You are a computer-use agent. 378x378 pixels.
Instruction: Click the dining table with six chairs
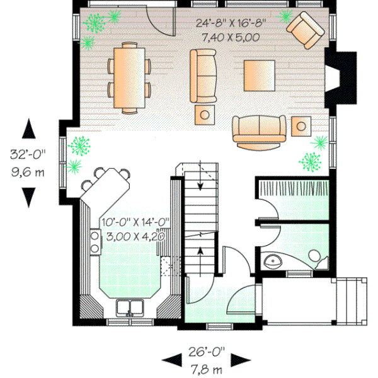[x=131, y=77]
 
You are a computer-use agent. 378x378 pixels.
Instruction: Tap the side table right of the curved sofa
[x=302, y=125]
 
